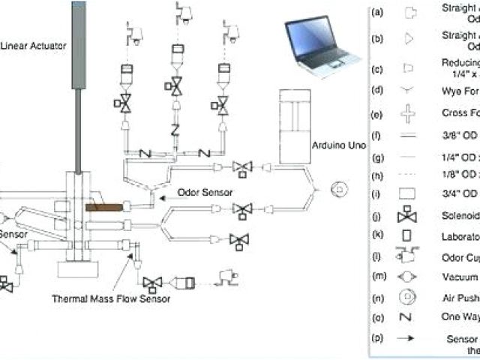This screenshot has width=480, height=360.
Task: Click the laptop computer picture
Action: point(318,47)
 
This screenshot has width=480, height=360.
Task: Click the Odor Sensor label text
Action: point(200,192)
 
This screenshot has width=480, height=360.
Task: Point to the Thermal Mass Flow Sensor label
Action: point(111,298)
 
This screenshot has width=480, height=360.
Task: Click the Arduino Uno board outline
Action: point(299,125)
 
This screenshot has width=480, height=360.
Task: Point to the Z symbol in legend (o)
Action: point(408,317)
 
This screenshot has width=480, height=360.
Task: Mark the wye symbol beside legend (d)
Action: point(408,91)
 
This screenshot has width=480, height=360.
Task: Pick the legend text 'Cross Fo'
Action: point(460,114)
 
